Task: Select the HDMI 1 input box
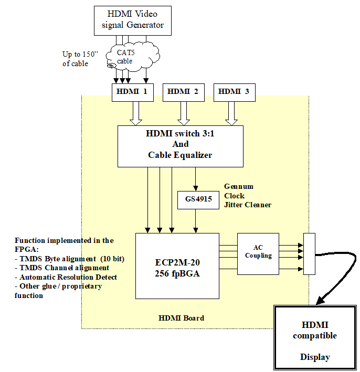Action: (132, 92)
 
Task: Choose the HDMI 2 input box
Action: (183, 92)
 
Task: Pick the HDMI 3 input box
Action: (234, 92)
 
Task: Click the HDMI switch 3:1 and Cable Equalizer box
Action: (180, 145)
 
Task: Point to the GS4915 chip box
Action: (198, 200)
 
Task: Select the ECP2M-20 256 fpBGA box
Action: (177, 265)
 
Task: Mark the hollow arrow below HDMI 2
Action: (183, 113)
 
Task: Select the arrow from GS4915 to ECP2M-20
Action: (196, 220)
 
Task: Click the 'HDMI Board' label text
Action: (181, 318)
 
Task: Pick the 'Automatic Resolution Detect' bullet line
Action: (66, 277)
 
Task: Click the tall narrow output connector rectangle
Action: (309, 254)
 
